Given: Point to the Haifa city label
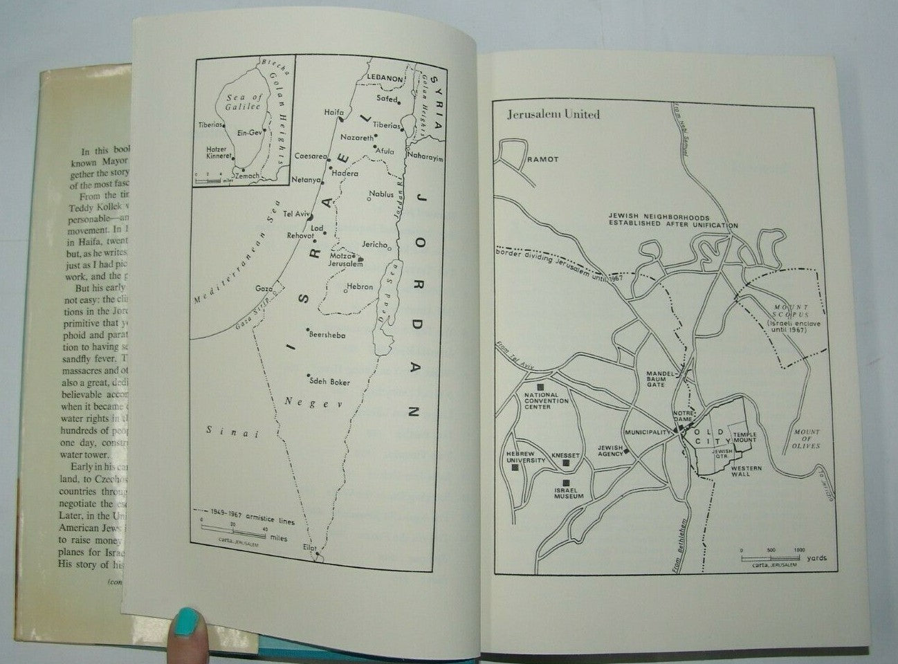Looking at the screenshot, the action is (x=333, y=112).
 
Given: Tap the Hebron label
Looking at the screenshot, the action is (x=360, y=286).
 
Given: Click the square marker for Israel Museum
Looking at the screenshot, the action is (x=566, y=482).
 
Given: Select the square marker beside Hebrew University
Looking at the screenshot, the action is (x=515, y=468).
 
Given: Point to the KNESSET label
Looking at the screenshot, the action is (x=566, y=456).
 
